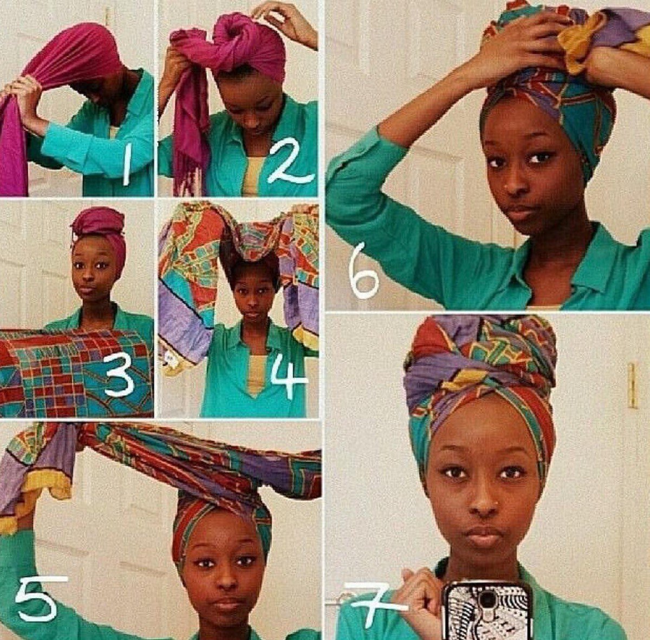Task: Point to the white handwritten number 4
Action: (x=289, y=376)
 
